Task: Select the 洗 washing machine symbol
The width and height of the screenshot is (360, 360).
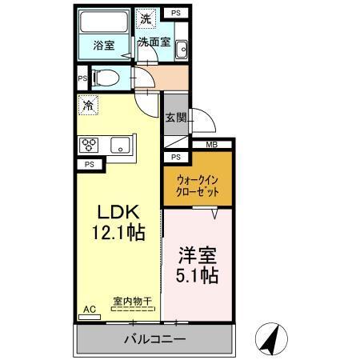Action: (146, 18)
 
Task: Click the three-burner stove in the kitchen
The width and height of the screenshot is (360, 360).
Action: (89, 145)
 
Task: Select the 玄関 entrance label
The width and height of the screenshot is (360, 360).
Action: (175, 117)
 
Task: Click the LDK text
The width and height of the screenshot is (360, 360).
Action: (119, 213)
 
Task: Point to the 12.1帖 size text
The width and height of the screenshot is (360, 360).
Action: (119, 234)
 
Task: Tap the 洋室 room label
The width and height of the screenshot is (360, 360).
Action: (198, 257)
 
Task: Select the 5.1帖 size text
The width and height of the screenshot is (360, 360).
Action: (198, 277)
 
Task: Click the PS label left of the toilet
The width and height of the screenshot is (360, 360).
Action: (82, 79)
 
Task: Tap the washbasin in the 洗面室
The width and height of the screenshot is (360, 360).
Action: (182, 48)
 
